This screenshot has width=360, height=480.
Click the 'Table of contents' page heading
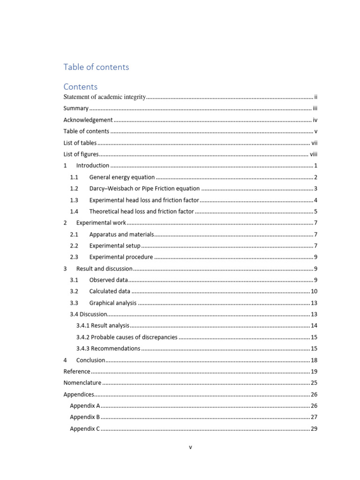[96, 67]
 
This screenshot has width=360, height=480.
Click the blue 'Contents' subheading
[81, 87]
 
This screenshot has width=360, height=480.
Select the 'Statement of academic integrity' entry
[105, 97]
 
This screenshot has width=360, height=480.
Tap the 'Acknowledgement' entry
[88, 120]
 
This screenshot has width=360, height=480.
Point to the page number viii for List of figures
[314, 154]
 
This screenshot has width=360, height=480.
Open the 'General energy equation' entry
[122, 177]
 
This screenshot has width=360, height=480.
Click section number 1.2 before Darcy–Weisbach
[74, 188]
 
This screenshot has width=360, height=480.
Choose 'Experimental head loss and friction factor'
[144, 200]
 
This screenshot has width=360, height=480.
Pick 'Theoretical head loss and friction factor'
[141, 211]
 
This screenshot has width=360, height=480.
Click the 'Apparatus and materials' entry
[121, 234]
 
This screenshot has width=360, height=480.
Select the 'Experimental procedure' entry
[121, 257]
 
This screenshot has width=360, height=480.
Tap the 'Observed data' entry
[108, 280]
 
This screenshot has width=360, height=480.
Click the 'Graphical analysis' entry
[113, 303]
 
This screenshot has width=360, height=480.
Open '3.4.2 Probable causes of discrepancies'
[127, 337]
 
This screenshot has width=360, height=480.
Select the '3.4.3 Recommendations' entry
[108, 348]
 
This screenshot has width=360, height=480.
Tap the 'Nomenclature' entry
[82, 382]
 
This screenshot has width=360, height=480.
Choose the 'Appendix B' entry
[85, 417]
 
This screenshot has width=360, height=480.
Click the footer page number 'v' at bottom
[190, 447]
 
